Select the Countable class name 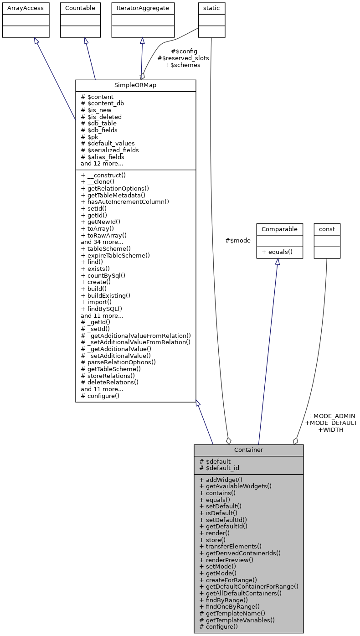pos(80,8)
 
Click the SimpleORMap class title pos(135,85)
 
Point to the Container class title pos(248,450)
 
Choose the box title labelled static pos(211,8)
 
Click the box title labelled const pos(327,229)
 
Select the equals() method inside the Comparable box pos(279,252)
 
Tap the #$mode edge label pos(238,240)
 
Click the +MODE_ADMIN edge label pos(332,416)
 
